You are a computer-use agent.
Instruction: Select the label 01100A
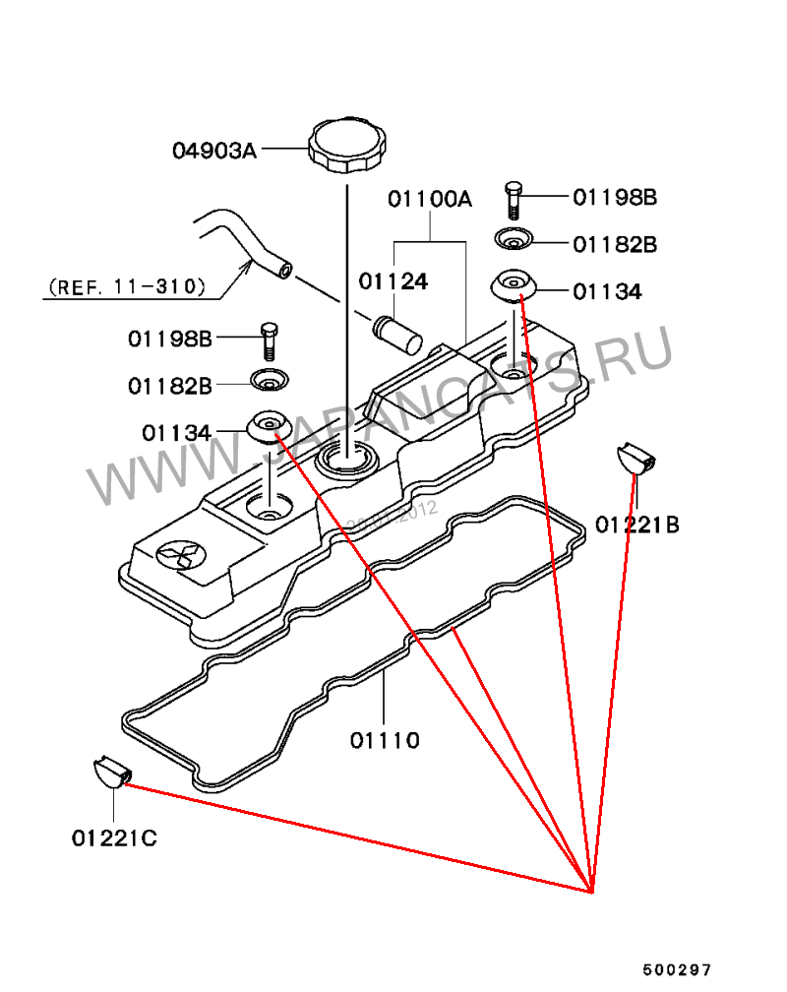[429, 200]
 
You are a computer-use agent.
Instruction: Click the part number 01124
[393, 281]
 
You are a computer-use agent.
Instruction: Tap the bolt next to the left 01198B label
[268, 340]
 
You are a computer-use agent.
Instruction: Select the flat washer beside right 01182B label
[513, 239]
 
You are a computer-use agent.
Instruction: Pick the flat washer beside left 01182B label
[267, 379]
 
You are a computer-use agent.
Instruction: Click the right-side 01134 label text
[607, 292]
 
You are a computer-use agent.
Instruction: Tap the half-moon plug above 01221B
[636, 458]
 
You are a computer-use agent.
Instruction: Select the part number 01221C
[114, 838]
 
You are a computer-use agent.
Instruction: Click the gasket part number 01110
[385, 740]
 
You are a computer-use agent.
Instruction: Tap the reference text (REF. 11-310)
[126, 287]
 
